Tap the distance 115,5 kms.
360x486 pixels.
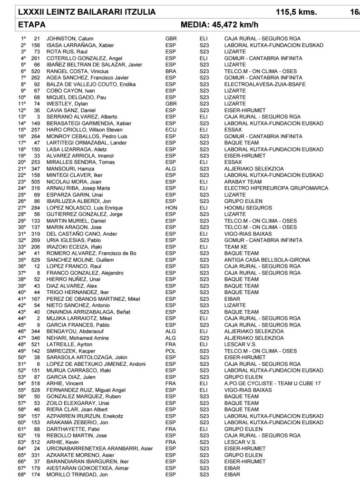tap(296, 13)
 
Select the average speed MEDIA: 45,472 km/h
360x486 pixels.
tap(224, 25)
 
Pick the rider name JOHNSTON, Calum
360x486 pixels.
tap(69, 38)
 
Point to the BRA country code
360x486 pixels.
tap(170, 71)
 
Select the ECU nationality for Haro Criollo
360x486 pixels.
tap(170, 130)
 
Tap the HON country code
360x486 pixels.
tap(170, 208)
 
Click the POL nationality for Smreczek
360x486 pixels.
tap(170, 351)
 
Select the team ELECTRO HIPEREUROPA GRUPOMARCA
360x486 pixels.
tap(276, 188)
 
